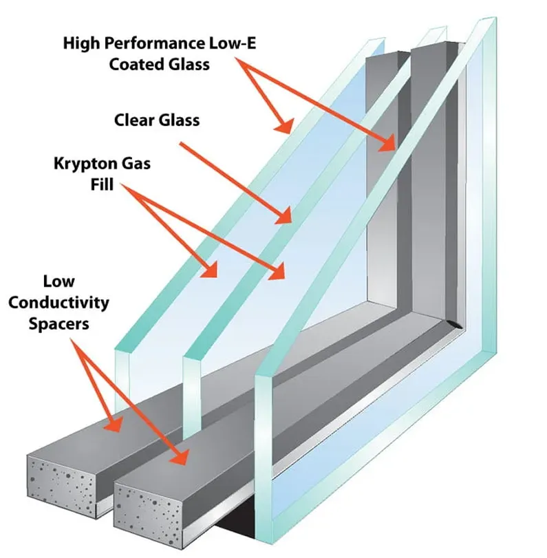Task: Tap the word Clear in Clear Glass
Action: [x=136, y=120]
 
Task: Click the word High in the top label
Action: [x=81, y=43]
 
